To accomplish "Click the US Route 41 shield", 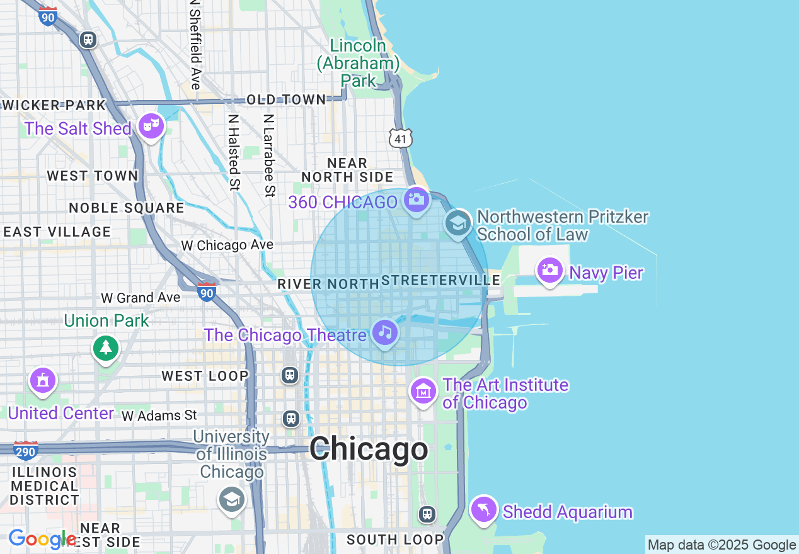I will click(x=401, y=138).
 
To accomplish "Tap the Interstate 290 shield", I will click(x=26, y=450).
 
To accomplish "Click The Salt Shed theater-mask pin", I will click(x=151, y=126).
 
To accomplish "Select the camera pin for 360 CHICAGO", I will click(x=416, y=200).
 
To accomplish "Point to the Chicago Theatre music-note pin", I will click(x=385, y=332).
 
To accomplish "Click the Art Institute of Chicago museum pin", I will click(x=423, y=391).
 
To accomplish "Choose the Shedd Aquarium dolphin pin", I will click(x=483, y=509).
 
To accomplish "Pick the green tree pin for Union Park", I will click(x=105, y=348).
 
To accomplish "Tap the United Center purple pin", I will click(x=42, y=381).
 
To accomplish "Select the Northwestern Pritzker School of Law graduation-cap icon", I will click(x=457, y=223).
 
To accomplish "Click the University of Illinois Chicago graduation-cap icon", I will click(x=231, y=499).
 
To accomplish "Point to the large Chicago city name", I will click(x=369, y=449).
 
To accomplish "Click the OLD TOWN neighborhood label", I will click(x=286, y=99).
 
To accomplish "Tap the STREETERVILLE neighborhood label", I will click(x=441, y=280).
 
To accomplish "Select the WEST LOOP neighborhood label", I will click(x=205, y=376).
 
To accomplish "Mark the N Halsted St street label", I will click(x=234, y=151).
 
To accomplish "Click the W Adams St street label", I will click(x=159, y=415).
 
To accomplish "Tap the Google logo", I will click(x=42, y=540).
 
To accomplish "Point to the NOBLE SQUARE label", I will click(x=127, y=208).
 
